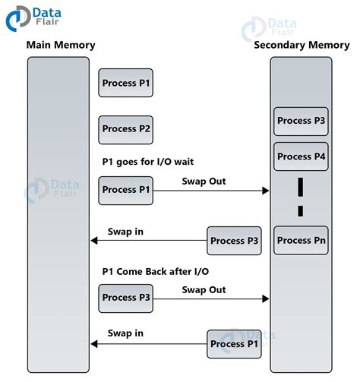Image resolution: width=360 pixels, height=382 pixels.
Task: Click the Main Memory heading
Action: [x=61, y=45]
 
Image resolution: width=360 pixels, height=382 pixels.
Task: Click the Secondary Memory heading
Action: [x=302, y=45]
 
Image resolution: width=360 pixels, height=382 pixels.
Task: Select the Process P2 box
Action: [x=126, y=129]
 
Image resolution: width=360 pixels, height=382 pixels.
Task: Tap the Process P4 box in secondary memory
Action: [x=302, y=156]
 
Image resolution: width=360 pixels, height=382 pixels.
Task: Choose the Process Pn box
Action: [x=302, y=241]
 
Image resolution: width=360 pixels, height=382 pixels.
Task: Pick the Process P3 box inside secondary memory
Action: [x=302, y=121]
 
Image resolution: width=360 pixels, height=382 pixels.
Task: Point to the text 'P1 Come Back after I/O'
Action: [x=154, y=272]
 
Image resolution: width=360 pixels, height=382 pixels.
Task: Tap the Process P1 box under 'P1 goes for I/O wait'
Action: [x=126, y=190]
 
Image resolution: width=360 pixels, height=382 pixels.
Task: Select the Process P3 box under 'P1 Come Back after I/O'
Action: [x=126, y=298]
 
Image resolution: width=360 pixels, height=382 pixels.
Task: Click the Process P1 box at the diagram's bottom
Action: [x=235, y=344]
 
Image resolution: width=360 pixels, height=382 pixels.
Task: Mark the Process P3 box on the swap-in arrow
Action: [x=235, y=241]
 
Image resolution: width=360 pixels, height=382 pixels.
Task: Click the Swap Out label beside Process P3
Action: [x=204, y=289]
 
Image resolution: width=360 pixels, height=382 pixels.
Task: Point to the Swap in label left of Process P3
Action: [x=125, y=231]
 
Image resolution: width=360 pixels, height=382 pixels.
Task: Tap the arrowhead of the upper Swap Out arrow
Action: [x=266, y=191]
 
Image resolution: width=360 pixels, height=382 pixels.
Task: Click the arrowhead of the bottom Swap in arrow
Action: [x=94, y=344]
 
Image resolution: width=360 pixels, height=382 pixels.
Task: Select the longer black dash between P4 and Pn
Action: [x=301, y=186]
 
